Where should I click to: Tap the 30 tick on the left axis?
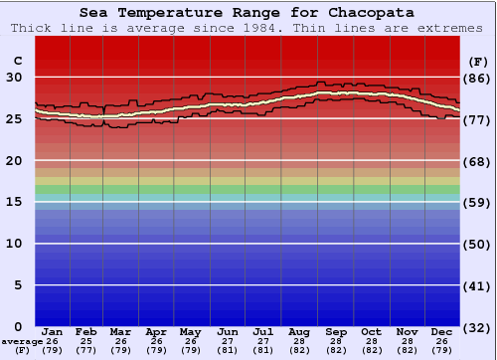pyautogui.click(x=14, y=77)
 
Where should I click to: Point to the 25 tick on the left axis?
pyautogui.click(x=14, y=118)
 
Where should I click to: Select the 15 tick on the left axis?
pyautogui.click(x=14, y=202)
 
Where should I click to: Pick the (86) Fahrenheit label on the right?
pyautogui.click(x=476, y=78)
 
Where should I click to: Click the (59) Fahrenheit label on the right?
pyautogui.click(x=476, y=202)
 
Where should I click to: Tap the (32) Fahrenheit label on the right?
pyautogui.click(x=476, y=327)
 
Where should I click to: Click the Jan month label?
pyautogui.click(x=53, y=331)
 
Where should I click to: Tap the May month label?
pyautogui.click(x=190, y=331)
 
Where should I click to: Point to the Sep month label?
pyautogui.click(x=336, y=331)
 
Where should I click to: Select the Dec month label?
pyautogui.click(x=442, y=331)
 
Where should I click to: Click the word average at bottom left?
pyautogui.click(x=22, y=341)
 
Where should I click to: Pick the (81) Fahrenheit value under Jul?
pyautogui.click(x=263, y=350)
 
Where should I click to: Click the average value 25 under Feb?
pyautogui.click(x=86, y=341)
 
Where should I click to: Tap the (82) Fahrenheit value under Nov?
pyautogui.click(x=407, y=350)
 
